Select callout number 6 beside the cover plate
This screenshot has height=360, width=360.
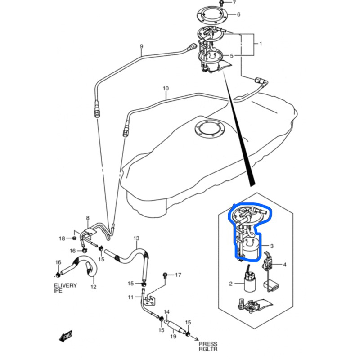click(238, 14)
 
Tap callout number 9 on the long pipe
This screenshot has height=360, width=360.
click(141, 46)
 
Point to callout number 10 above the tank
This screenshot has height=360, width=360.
click(166, 88)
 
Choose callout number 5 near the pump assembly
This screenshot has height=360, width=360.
click(232, 56)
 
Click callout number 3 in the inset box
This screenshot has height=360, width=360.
click(272, 246)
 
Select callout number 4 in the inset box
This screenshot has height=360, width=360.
click(284, 265)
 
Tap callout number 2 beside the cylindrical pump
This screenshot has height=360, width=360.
click(230, 284)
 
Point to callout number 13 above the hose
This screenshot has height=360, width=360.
click(136, 238)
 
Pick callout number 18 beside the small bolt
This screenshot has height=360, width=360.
click(62, 238)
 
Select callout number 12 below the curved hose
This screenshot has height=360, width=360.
click(93, 287)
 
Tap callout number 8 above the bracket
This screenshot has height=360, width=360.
click(88, 218)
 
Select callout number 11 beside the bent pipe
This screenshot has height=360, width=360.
click(130, 297)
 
